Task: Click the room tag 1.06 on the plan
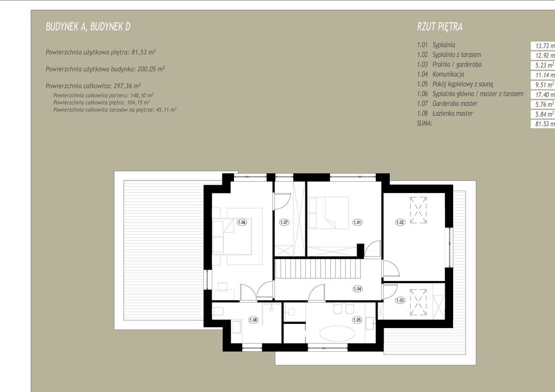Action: [x=242, y=222]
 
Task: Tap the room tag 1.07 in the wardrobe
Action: [x=284, y=222]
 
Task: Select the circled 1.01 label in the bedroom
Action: [x=358, y=222]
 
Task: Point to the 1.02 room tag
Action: [x=400, y=222]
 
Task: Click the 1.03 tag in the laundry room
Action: [x=400, y=300]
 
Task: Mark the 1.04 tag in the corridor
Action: [x=358, y=289]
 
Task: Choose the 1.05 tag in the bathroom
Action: [x=357, y=320]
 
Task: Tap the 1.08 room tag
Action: [x=253, y=320]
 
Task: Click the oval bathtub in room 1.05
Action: [x=337, y=333]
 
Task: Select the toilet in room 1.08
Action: [x=218, y=311]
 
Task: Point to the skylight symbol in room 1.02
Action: [x=418, y=210]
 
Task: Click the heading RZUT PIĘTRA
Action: [x=440, y=26]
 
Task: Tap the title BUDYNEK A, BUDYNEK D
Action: [x=88, y=26]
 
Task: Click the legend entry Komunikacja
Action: [x=448, y=74]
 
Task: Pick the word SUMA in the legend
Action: [x=425, y=124]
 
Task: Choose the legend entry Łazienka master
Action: [x=453, y=113]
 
